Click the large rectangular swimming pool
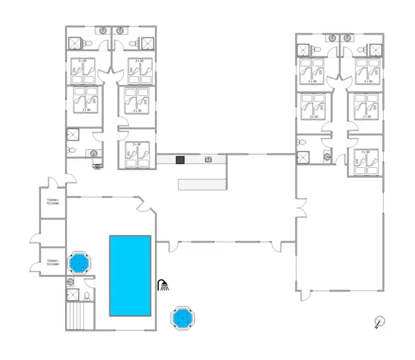point(130,275)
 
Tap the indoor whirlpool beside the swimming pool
point(78,263)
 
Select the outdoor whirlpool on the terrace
point(182,318)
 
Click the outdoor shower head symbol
point(163,285)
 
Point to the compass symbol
point(379,321)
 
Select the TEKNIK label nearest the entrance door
point(53,201)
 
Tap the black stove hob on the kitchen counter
point(180,160)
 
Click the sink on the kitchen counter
point(208,160)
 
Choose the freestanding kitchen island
point(202,184)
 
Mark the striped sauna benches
point(80,317)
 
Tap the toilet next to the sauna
point(87,296)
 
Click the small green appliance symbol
point(97,165)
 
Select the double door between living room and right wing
point(299,206)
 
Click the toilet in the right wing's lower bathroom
point(301,142)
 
